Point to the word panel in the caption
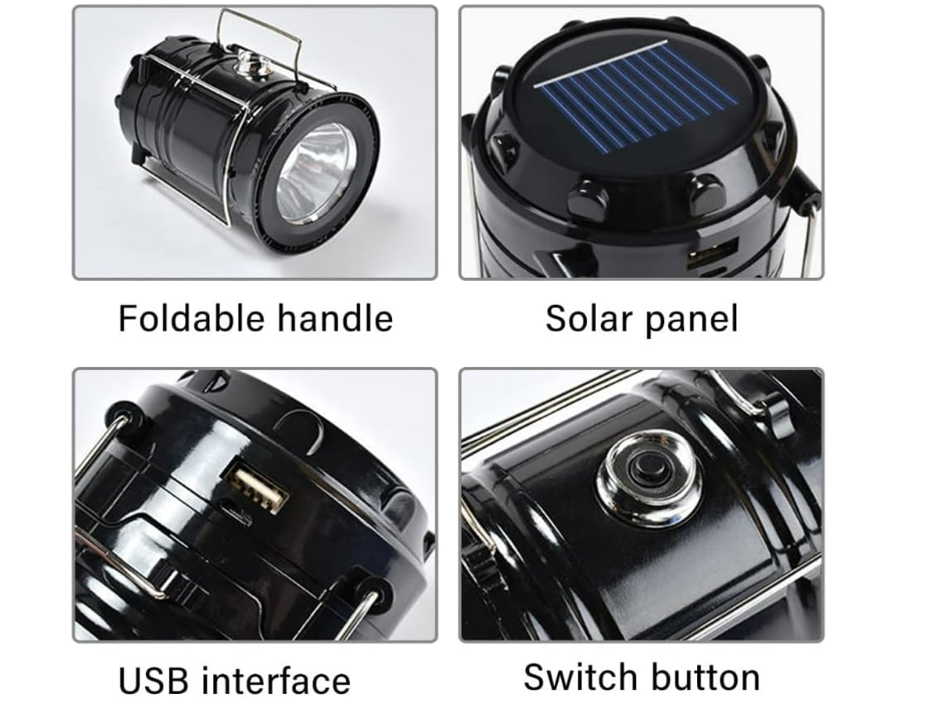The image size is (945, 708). pyautogui.click(x=691, y=320)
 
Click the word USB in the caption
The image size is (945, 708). pyautogui.click(x=153, y=681)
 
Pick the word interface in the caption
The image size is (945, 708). pyautogui.click(x=275, y=681)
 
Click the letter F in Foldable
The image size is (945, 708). pyautogui.click(x=128, y=318)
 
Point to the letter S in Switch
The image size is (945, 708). pyautogui.click(x=535, y=677)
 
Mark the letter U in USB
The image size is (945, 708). pyautogui.click(x=130, y=682)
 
